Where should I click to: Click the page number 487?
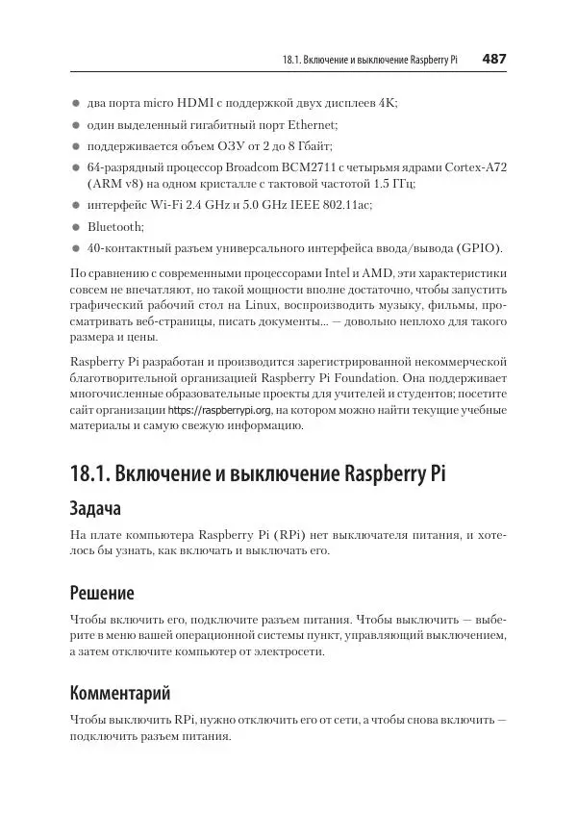pos(493,59)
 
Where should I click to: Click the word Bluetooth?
pos(115,227)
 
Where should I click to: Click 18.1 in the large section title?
pos(90,474)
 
